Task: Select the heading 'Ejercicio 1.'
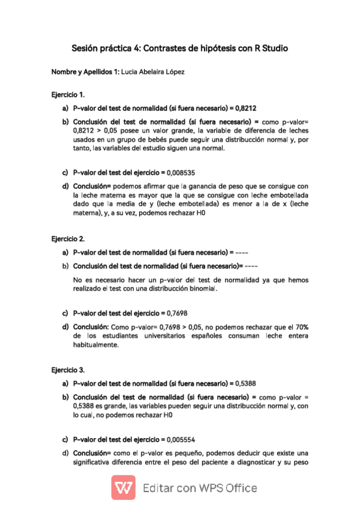(x=68, y=95)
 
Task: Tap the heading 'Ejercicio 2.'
(x=68, y=238)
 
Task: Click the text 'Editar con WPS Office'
(x=200, y=488)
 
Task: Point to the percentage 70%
(x=301, y=327)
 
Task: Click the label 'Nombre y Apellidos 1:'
(x=85, y=72)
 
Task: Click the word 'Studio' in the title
(x=274, y=47)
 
